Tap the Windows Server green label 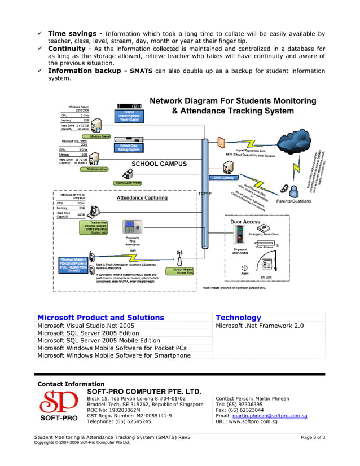click(x=99, y=137)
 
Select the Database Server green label click(x=94, y=169)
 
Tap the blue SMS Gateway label click(x=223, y=178)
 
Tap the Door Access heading click(x=245, y=222)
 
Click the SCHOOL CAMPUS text click(x=159, y=164)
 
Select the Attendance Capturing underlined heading click(x=142, y=198)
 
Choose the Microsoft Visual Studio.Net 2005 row click(x=86, y=326)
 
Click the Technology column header click(x=238, y=318)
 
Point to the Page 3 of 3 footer click(x=313, y=437)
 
